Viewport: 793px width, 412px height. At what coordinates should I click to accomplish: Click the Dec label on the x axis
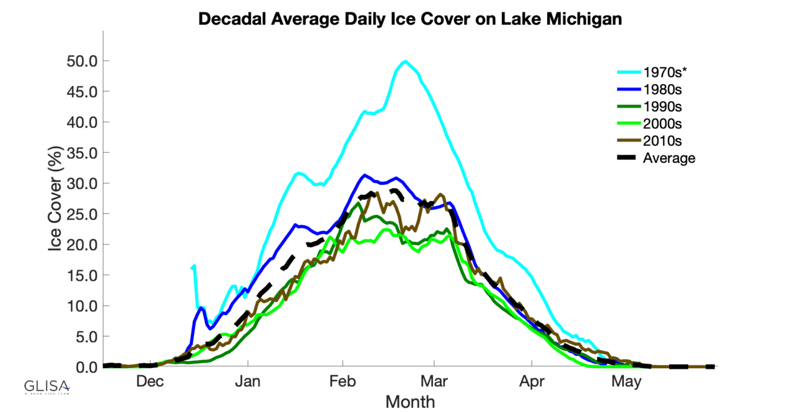150,382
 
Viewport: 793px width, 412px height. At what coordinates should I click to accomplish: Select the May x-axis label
626,382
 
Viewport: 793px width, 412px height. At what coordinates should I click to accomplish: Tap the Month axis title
410,402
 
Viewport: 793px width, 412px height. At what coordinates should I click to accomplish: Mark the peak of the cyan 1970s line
405,61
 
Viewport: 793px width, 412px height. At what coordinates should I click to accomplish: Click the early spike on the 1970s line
195,266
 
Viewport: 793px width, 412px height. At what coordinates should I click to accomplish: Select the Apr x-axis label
532,382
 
